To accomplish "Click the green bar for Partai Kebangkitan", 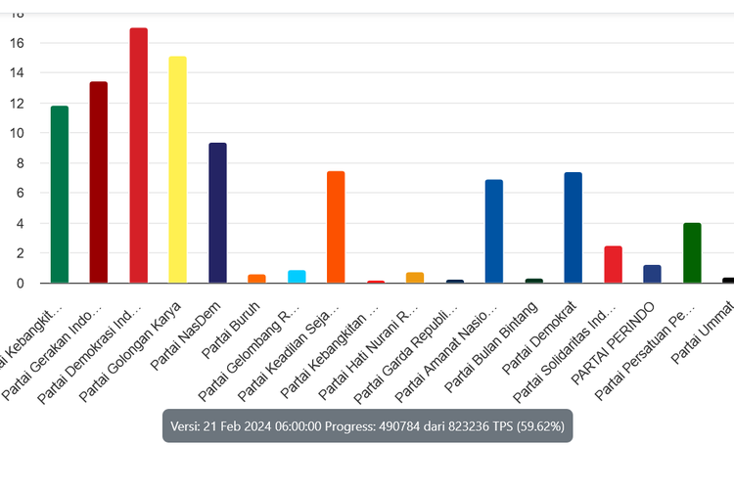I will pos(60,195).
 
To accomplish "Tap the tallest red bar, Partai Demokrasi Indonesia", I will pos(139,156).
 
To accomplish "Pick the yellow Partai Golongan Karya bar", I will pos(177,170).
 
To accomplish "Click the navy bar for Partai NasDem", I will pos(217,213).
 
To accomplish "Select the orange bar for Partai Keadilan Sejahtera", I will pos(336,227).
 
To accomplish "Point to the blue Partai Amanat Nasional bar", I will pos(493,232).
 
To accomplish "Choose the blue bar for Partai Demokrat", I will pos(573,228).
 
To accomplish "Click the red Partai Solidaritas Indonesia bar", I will pos(613,265).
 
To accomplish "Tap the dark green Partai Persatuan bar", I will pos(692,253).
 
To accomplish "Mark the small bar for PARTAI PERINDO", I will pos(652,275).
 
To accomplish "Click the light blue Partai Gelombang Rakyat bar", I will pos(297,277).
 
